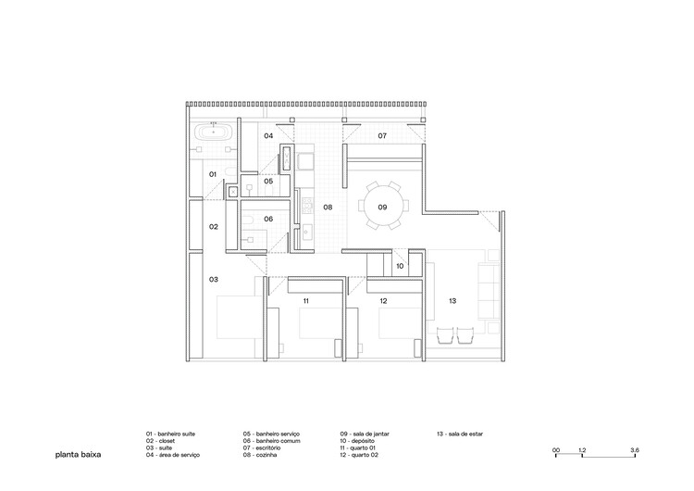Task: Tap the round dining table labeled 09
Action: [381, 207]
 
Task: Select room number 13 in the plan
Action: [452, 300]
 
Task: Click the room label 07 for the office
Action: [381, 136]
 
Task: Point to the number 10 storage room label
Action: [400, 266]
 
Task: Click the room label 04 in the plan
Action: [268, 136]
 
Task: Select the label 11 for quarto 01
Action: [304, 300]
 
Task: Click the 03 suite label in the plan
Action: [213, 279]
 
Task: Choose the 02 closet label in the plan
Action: [213, 226]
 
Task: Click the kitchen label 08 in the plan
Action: [328, 208]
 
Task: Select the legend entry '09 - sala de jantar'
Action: [370, 434]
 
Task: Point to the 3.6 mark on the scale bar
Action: [634, 449]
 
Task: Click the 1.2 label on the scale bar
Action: [582, 449]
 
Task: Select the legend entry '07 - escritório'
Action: [268, 448]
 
